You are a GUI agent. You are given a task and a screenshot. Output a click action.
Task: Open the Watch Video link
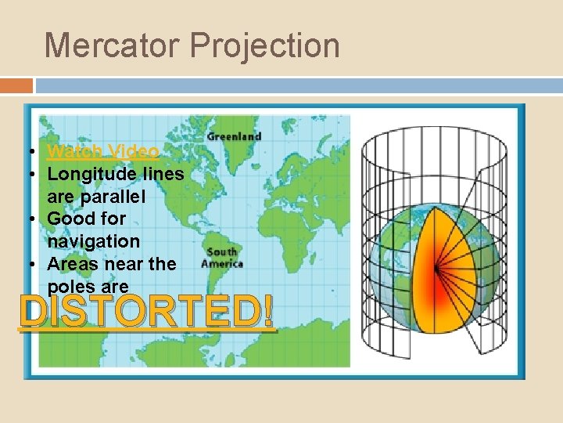pyautogui.click(x=103, y=151)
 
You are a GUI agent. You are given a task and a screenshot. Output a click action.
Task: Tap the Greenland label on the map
pyautogui.click(x=234, y=136)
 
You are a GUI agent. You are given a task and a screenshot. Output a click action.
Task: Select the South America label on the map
pyautogui.click(x=221, y=258)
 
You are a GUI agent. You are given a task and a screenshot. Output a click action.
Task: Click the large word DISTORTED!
pyautogui.click(x=148, y=313)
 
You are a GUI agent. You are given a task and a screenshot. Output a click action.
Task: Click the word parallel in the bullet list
pyautogui.click(x=118, y=196)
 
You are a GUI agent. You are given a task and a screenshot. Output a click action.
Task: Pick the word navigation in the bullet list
pyautogui.click(x=94, y=241)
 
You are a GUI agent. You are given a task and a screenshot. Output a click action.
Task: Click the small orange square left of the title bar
pyautogui.click(x=16, y=85)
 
